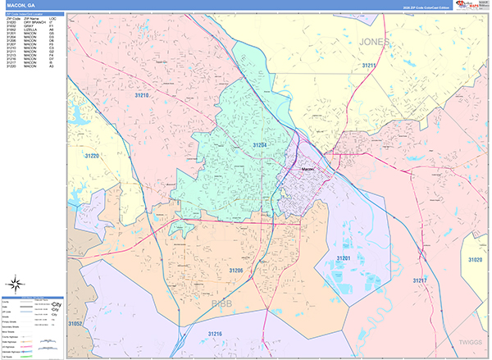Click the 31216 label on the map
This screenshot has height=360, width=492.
tap(215, 334)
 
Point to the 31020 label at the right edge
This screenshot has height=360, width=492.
tap(476, 259)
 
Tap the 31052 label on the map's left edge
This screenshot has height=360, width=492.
tap(75, 325)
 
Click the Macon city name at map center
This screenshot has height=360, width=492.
tap(308, 170)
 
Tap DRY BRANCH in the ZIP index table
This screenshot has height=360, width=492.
tap(35, 22)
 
